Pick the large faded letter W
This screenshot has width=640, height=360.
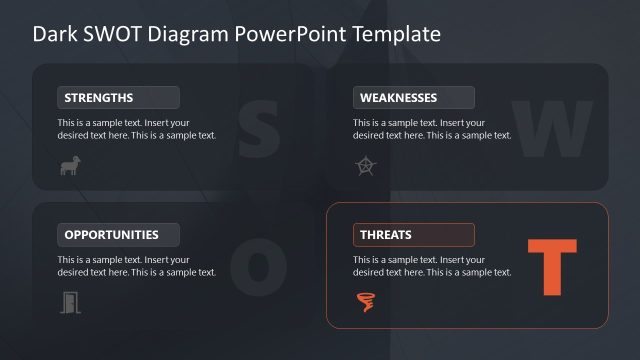tap(552, 129)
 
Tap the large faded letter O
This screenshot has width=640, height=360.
tap(258, 266)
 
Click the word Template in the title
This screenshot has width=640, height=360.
tap(391, 34)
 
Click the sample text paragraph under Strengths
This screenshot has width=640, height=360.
tap(136, 129)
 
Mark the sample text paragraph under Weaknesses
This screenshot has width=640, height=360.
tap(431, 129)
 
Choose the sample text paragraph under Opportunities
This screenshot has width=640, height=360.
tap(136, 266)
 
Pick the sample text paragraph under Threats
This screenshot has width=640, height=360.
tap(431, 266)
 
